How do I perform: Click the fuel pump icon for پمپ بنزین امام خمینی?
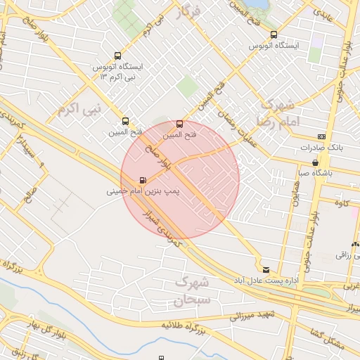tap(143, 180)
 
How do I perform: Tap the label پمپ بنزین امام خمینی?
tap(144, 191)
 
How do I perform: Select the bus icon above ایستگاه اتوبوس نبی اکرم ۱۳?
tap(117, 56)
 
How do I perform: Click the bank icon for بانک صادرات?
tap(322, 136)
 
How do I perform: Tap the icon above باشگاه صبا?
tap(314, 162)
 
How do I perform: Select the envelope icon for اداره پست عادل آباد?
tap(266, 269)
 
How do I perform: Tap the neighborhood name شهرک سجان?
tap(191, 292)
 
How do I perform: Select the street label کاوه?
tap(342, 204)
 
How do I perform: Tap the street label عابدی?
tap(323, 14)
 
